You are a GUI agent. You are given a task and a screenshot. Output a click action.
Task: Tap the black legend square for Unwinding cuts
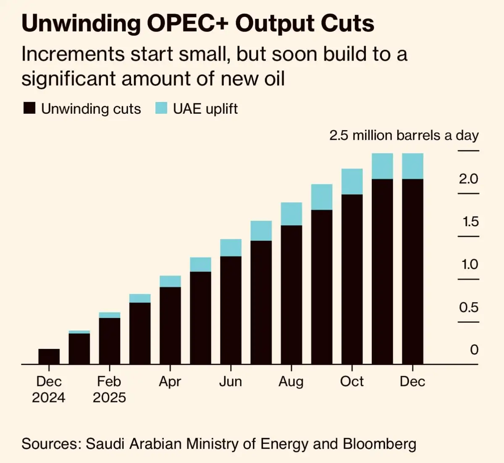click(x=29, y=108)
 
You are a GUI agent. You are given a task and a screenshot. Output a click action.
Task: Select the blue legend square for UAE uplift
click(x=161, y=108)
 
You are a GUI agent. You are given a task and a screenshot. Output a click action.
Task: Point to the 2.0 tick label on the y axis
click(x=468, y=179)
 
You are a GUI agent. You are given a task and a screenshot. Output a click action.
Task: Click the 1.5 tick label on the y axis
click(x=470, y=222)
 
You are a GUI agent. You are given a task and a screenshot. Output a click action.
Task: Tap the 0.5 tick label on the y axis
click(x=469, y=307)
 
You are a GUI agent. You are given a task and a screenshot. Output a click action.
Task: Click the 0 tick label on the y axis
click(x=474, y=350)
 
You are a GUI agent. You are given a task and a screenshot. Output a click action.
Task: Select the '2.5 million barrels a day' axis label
click(x=404, y=136)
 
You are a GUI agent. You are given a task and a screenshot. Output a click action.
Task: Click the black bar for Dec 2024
click(x=49, y=356)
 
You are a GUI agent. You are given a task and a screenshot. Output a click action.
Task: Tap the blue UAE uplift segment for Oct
click(x=352, y=181)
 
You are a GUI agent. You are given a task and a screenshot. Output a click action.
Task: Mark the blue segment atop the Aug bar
click(x=291, y=214)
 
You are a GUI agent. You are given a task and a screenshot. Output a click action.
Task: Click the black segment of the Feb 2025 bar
click(x=110, y=341)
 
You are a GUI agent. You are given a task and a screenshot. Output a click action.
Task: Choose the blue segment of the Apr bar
click(x=170, y=281)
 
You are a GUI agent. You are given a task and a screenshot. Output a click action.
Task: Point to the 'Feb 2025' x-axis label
click(x=109, y=389)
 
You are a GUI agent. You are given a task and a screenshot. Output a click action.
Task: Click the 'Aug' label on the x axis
click(x=291, y=382)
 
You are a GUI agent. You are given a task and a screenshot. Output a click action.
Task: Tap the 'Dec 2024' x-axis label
click(x=49, y=389)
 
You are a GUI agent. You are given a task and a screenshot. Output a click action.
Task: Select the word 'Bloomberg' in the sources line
click(x=379, y=444)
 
